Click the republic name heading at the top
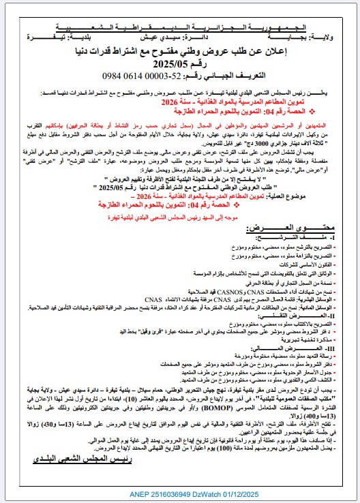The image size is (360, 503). pyautogui.click(x=180, y=25)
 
